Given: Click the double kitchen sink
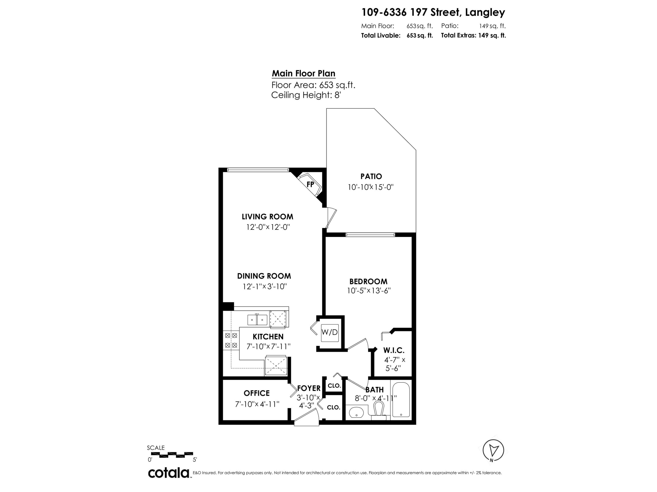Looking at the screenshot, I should (257, 320).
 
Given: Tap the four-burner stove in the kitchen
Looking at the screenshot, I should (231, 340).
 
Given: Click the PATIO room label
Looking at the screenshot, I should (371, 176).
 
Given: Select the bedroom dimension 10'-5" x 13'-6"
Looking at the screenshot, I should (369, 291).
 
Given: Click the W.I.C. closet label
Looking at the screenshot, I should (394, 351).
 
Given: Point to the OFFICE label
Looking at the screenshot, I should (257, 393).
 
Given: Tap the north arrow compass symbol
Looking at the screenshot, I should (493, 450).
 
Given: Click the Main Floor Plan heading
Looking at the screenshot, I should (304, 73).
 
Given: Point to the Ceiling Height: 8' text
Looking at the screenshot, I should (306, 95).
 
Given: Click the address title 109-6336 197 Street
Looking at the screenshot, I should (433, 12).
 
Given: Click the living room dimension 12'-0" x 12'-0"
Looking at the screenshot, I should (268, 227).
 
